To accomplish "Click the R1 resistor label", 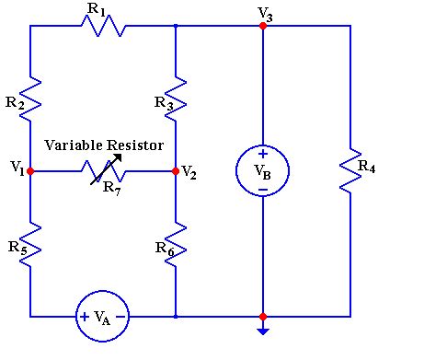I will [x=95, y=9].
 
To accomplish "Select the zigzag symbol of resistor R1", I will [x=102, y=27].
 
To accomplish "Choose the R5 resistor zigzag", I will [x=31, y=244].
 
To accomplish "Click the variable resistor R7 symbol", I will [x=103, y=171].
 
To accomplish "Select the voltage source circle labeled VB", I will [x=263, y=171].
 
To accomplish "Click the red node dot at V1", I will [x=31, y=171].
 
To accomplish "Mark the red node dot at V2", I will [x=175, y=171].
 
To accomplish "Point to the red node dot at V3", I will [x=263, y=27].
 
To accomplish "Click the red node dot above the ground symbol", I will [x=263, y=316].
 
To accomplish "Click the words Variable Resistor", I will [x=104, y=145].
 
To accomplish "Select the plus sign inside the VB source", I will [x=263, y=155].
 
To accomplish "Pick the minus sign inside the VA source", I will [x=120, y=316].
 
